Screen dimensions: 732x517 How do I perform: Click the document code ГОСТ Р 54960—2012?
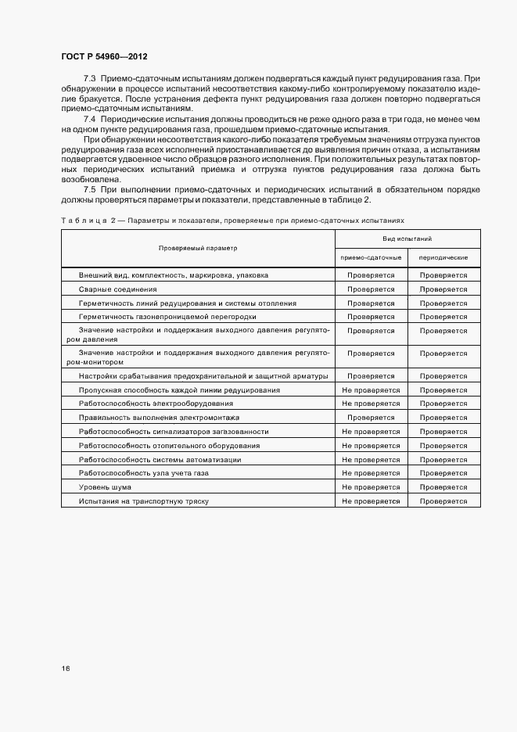coord(104,57)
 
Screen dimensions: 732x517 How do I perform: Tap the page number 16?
coord(66,669)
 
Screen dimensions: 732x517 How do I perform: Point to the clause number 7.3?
coord(89,80)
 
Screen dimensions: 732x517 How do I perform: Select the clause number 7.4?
coord(89,117)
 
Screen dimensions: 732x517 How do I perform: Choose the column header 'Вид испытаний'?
coord(407,239)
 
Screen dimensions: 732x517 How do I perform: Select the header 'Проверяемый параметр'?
coord(198,248)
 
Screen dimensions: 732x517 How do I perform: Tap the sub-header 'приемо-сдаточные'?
coord(371,257)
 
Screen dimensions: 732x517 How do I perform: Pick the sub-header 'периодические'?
coord(443,257)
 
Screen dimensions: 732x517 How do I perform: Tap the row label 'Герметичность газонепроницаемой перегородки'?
coord(167,318)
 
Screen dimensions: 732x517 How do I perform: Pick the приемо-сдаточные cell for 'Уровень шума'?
coord(371,487)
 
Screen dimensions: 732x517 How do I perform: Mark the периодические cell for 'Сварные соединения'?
coord(443,289)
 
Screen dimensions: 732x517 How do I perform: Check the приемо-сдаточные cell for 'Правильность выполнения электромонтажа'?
coord(371,418)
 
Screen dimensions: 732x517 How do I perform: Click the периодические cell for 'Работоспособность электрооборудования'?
coord(443,404)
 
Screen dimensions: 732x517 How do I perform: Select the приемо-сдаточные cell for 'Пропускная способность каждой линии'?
coord(371,389)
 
